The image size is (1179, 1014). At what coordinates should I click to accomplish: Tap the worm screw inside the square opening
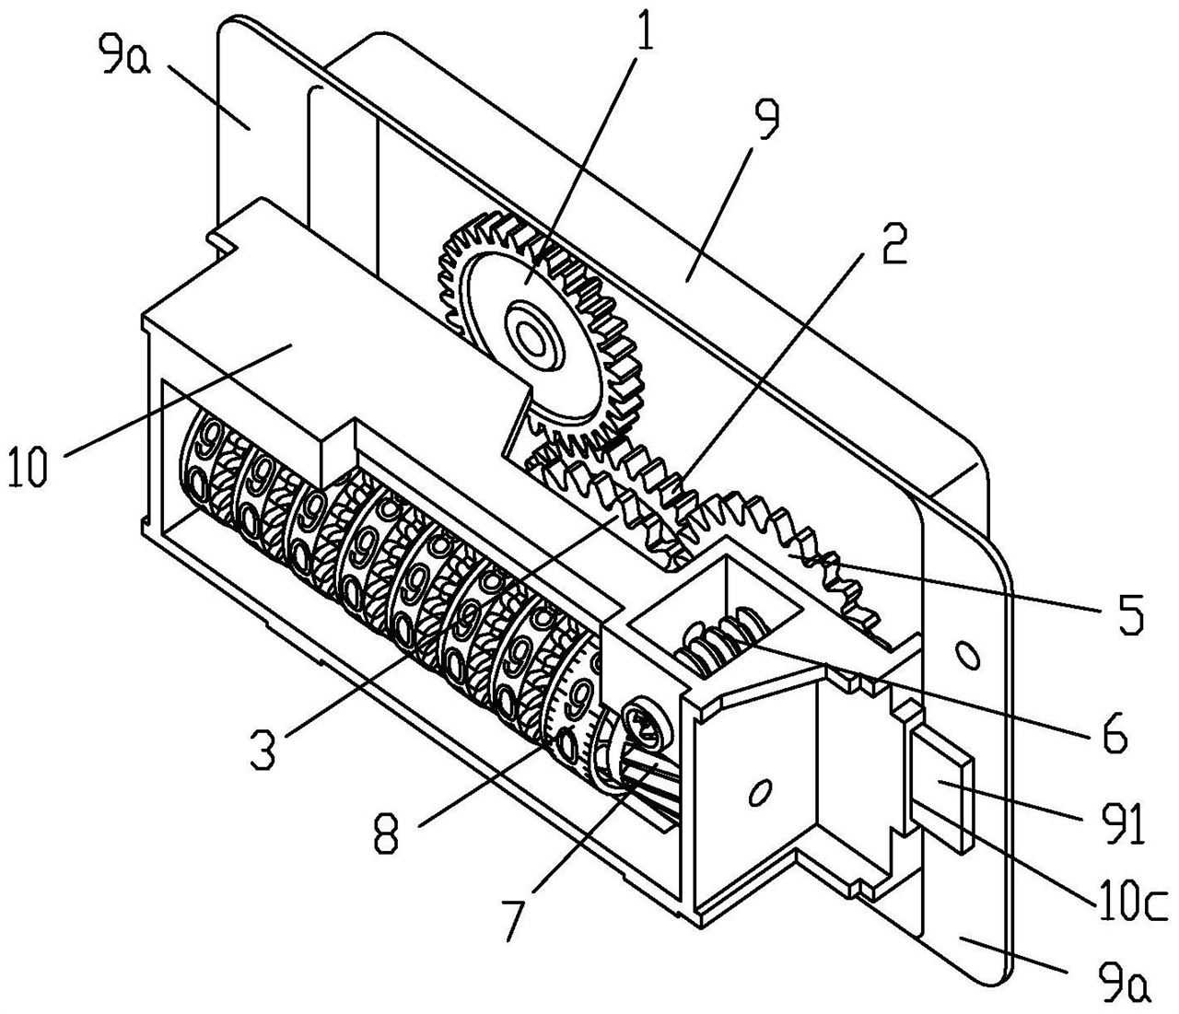coord(717,640)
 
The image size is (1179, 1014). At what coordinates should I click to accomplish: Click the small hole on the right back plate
coord(967,656)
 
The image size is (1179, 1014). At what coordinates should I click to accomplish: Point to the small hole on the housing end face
coord(760,791)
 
